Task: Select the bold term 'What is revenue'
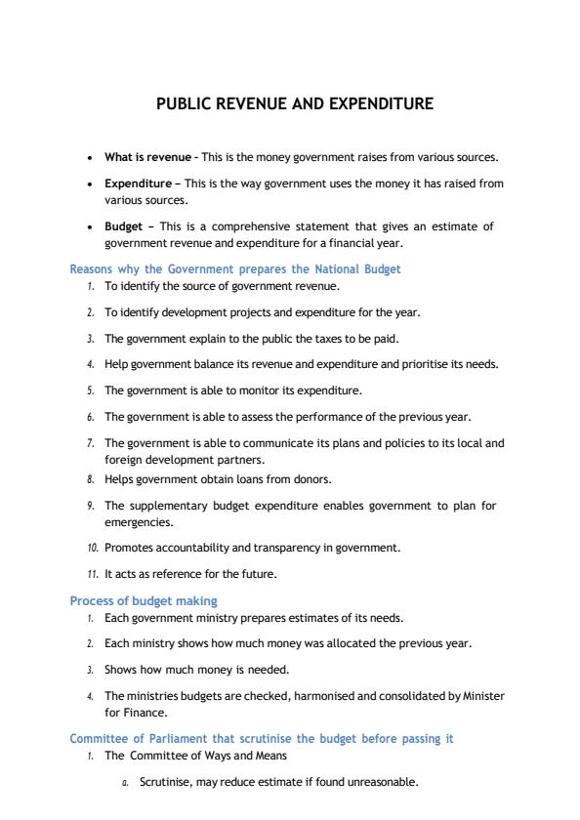click(x=147, y=157)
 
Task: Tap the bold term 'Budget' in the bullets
click(x=123, y=226)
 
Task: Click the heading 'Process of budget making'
click(x=144, y=600)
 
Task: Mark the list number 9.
click(x=89, y=506)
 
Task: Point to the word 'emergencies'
click(x=137, y=522)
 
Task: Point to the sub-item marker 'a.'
click(x=125, y=783)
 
